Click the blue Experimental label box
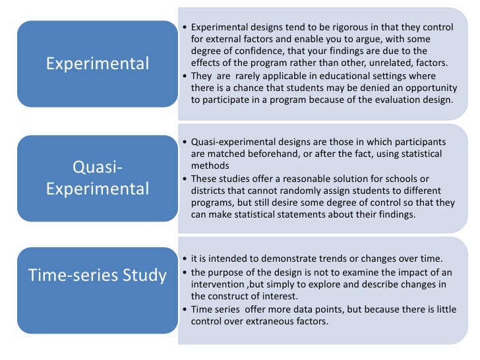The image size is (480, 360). coord(97,64)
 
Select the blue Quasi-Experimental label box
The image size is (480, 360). coord(97,179)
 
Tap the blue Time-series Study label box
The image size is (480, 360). coord(97,275)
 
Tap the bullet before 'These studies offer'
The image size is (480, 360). coord(184,179)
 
